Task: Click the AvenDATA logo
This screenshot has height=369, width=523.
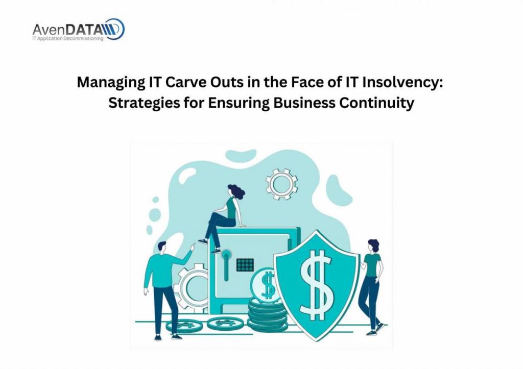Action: click(x=79, y=29)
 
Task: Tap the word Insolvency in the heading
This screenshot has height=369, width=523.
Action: click(x=403, y=82)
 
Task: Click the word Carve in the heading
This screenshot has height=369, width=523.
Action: click(x=186, y=82)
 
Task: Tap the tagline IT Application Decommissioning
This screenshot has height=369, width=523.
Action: click(x=68, y=39)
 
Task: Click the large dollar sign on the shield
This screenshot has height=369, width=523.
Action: click(x=316, y=284)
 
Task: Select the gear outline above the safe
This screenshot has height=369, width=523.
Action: click(x=282, y=184)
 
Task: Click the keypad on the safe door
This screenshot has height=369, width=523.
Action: click(x=245, y=265)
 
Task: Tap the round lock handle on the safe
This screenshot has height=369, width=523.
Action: click(x=226, y=255)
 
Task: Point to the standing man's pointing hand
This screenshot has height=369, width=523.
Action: click(x=193, y=247)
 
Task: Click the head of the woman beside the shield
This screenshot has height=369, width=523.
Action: click(x=373, y=245)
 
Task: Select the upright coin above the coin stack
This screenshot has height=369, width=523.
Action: click(x=267, y=285)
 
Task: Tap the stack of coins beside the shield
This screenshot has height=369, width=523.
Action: click(x=267, y=315)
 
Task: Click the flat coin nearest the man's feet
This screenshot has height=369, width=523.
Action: click(x=184, y=325)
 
